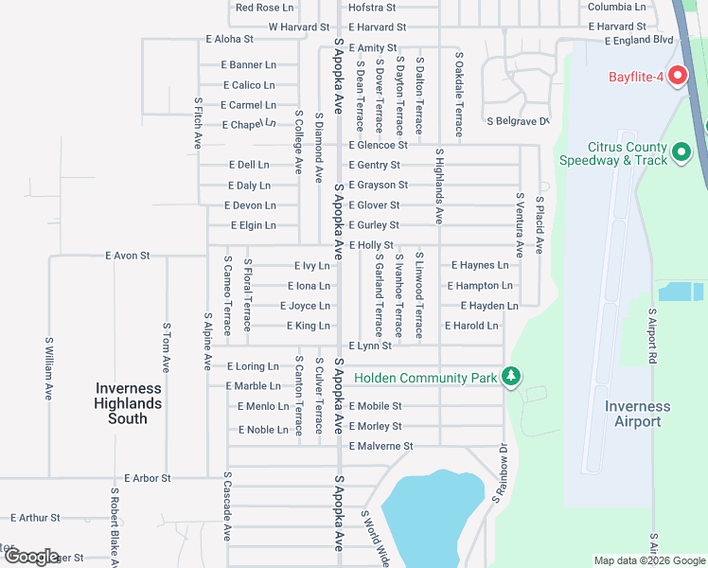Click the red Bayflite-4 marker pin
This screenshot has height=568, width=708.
[x=677, y=75]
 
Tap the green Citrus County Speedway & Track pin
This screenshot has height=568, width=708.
[x=681, y=151]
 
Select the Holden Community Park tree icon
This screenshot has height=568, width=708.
[x=511, y=378]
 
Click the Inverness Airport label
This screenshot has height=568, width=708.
[x=637, y=414]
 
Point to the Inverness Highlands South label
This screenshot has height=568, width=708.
[x=128, y=403]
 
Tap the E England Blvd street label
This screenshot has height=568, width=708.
[x=639, y=41]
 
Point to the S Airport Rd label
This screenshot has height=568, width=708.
[x=652, y=336]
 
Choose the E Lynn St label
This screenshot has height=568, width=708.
[x=370, y=346]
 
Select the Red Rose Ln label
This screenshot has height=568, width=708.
[x=265, y=8]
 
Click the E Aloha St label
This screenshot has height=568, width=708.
[x=229, y=40]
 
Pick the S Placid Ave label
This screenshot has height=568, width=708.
[x=540, y=225]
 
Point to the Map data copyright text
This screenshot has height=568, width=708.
[x=648, y=560]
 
